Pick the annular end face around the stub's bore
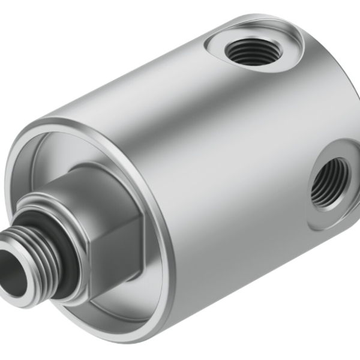click(24, 282)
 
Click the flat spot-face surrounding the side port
click(315, 213)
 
